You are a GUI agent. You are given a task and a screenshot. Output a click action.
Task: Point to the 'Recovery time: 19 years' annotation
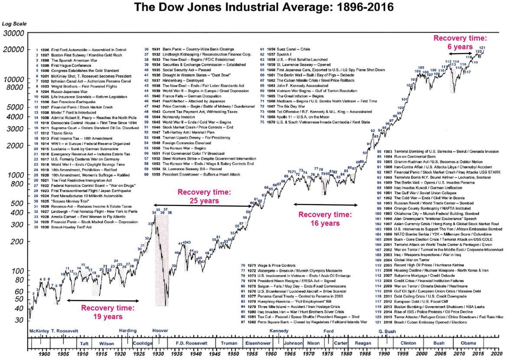108,312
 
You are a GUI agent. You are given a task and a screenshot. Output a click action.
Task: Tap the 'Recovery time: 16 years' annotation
325,219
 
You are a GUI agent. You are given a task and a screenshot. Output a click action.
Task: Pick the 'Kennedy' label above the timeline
279,331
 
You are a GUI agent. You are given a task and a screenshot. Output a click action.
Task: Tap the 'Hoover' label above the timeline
160,331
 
